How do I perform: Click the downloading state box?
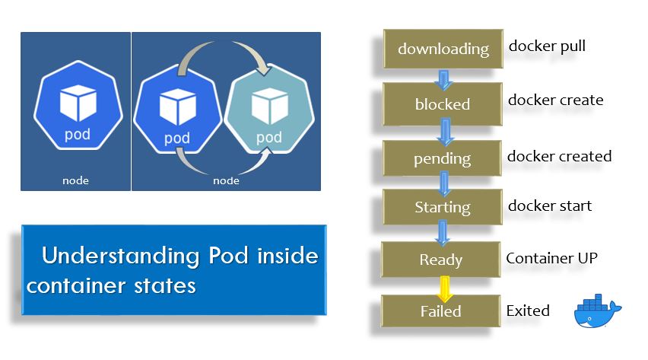[443, 49]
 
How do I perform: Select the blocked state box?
[443, 104]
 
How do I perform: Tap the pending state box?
[443, 159]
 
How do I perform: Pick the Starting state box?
[443, 207]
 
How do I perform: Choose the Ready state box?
[441, 260]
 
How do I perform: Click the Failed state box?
[441, 311]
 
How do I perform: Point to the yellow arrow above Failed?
[441, 287]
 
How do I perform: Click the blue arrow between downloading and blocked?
[443, 76]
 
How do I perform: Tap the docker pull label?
[547, 46]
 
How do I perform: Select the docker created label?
[559, 156]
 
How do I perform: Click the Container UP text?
[551, 258]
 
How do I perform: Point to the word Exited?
[528, 311]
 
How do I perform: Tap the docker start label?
[549, 205]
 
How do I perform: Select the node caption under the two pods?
[226, 180]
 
